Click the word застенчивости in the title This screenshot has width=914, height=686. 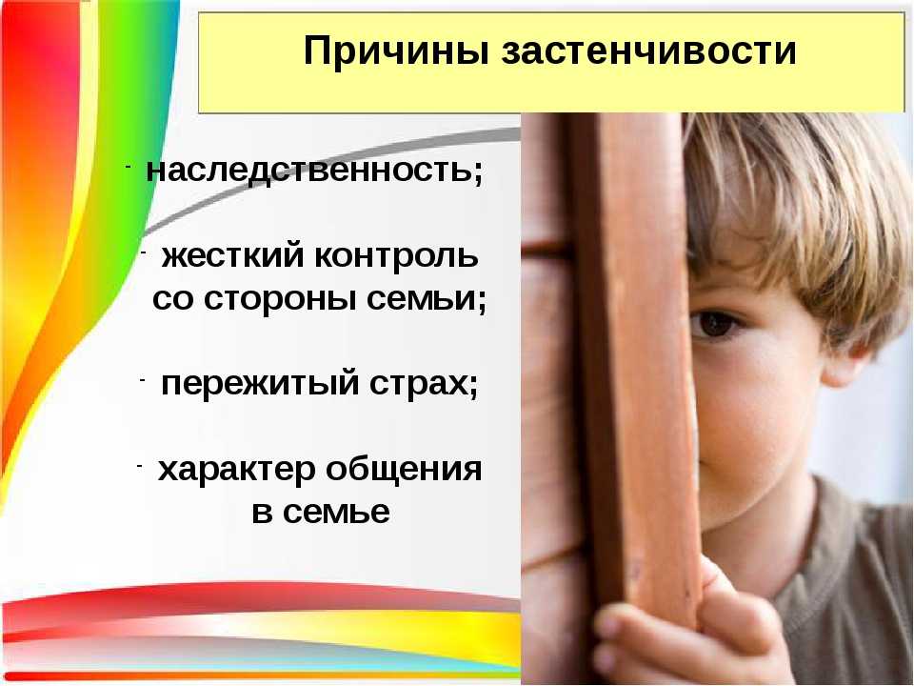[648, 50]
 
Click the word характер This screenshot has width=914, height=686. [237, 470]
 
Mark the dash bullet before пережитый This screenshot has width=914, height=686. [142, 381]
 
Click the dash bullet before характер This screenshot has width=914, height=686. [139, 466]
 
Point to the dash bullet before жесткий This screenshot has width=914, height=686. [143, 252]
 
